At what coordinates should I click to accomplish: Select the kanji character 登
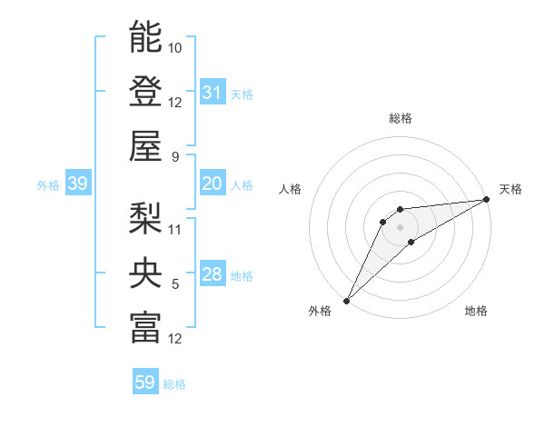point(145,91)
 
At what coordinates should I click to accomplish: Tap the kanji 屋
point(145,144)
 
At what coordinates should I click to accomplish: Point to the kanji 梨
point(145,217)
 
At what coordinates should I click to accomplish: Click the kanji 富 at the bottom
point(145,327)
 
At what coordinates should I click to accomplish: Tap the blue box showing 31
point(213,92)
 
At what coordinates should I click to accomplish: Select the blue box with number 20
point(213,184)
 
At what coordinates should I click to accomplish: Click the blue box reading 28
point(213,274)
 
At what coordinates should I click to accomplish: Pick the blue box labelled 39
point(77,184)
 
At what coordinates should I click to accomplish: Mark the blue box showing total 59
point(145,382)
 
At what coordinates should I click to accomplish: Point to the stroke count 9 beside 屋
point(175,156)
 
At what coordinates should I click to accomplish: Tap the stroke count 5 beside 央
point(175,284)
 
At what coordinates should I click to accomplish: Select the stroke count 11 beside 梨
point(175,229)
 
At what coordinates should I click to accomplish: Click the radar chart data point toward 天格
point(487,200)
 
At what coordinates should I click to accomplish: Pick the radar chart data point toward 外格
point(346,300)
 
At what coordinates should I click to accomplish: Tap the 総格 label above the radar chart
point(401,118)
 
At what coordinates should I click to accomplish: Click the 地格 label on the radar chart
point(476,311)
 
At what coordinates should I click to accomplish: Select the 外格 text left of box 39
point(48,184)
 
